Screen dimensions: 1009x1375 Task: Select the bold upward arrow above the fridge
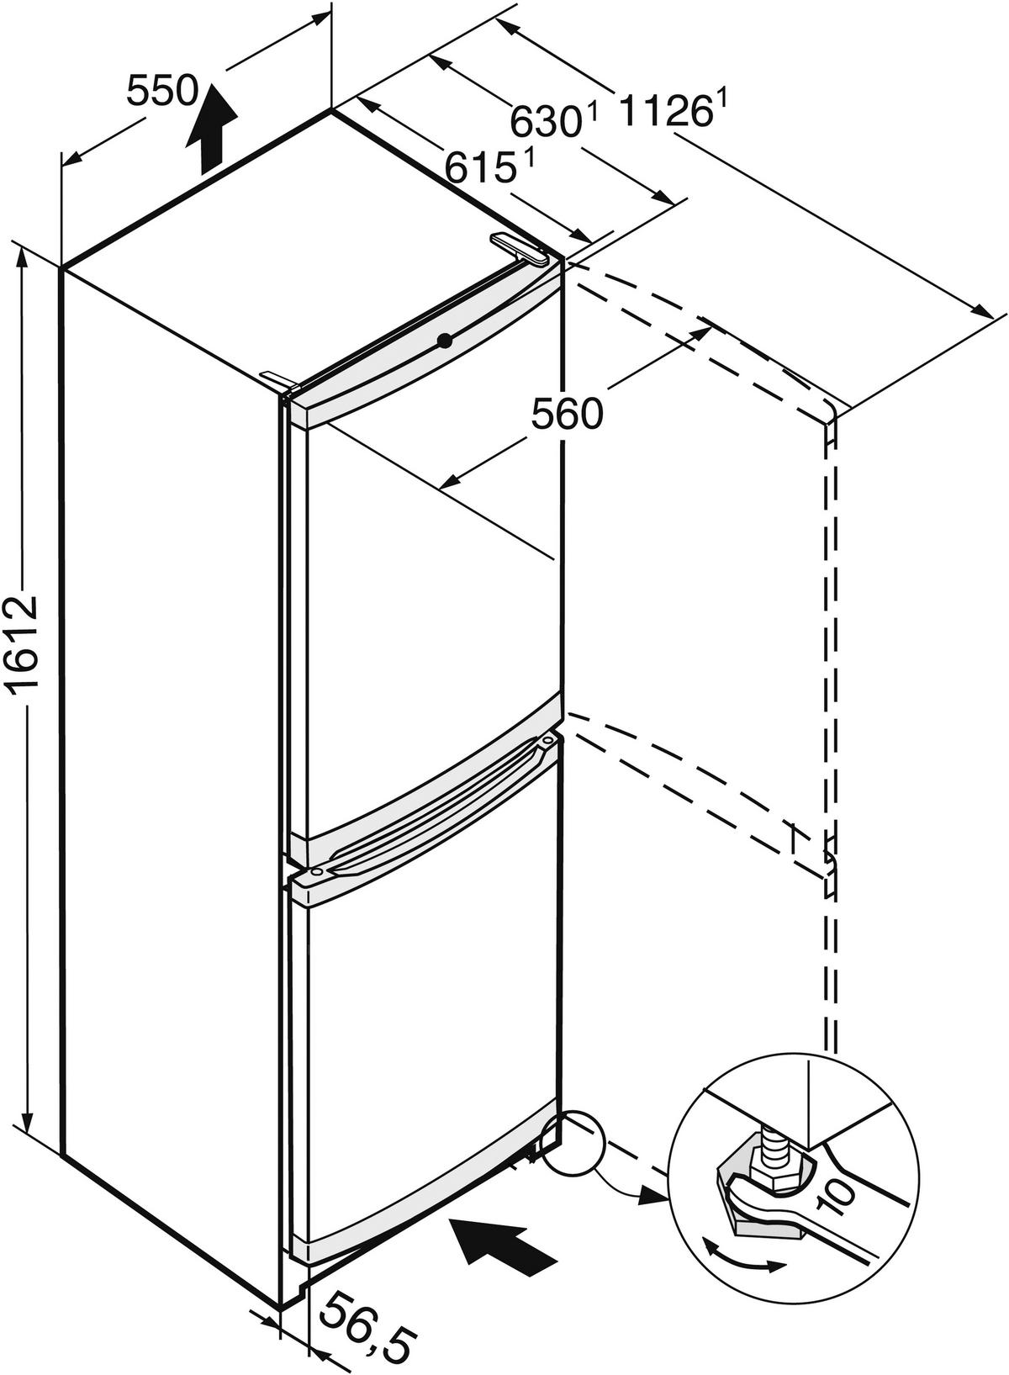point(211,130)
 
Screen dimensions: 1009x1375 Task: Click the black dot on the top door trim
point(444,340)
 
